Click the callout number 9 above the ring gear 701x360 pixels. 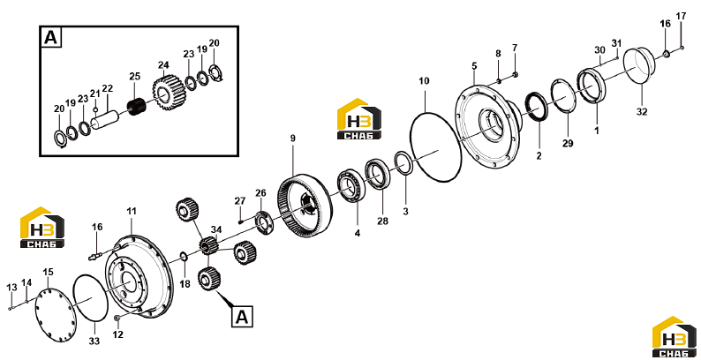(293, 139)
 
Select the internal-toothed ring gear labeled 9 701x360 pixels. (305, 206)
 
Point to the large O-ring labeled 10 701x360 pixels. (436, 146)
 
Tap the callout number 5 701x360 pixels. (474, 66)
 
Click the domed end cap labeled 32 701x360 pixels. (639, 65)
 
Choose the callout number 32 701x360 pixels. (642, 112)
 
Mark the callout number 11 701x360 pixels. (131, 211)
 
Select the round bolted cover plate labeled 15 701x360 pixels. (56, 315)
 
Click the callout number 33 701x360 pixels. (94, 341)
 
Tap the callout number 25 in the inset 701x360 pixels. (134, 76)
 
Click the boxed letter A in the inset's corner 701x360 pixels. (51, 38)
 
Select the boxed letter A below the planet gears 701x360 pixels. (242, 317)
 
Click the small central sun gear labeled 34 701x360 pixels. (207, 246)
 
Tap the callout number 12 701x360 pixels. (117, 334)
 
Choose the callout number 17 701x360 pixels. (681, 16)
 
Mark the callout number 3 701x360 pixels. (405, 211)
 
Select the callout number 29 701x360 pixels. (568, 143)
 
